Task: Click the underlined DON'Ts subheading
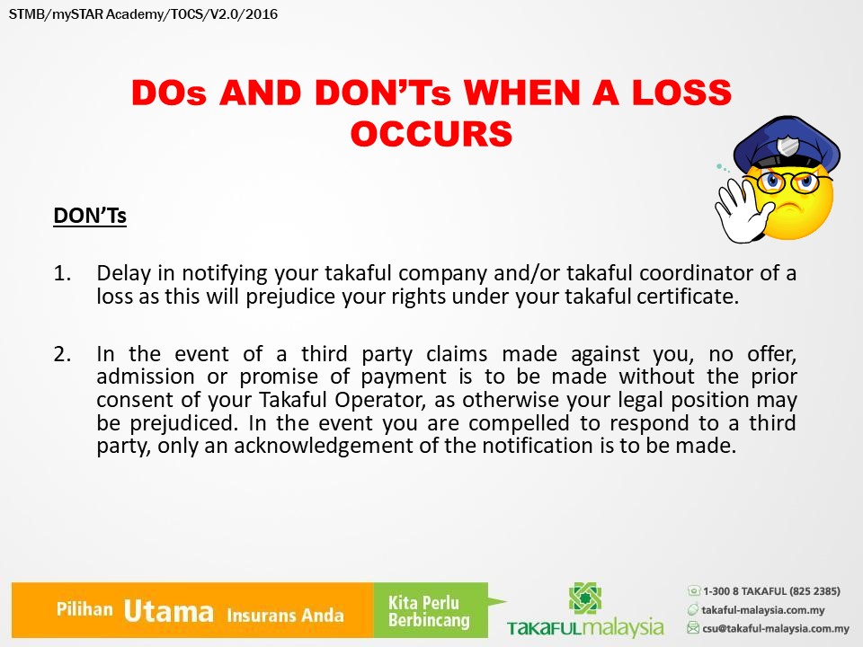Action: pyautogui.click(x=90, y=215)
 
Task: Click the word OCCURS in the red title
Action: pyautogui.click(x=431, y=134)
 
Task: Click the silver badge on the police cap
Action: pyautogui.click(x=787, y=146)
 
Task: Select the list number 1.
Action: pyautogui.click(x=62, y=273)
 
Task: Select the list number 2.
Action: pyautogui.click(x=62, y=354)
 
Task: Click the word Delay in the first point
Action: pyautogui.click(x=124, y=273)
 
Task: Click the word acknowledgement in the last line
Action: pyautogui.click(x=324, y=446)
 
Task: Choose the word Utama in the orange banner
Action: pyautogui.click(x=168, y=611)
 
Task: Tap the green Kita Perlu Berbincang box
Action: pyautogui.click(x=431, y=610)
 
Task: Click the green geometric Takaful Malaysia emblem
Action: pyautogui.click(x=585, y=598)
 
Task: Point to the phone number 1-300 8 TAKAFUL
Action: pyautogui.click(x=771, y=591)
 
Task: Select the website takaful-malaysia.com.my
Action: pyautogui.click(x=763, y=609)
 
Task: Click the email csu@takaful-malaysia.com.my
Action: pyautogui.click(x=776, y=628)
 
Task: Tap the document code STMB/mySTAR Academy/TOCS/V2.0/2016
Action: pyautogui.click(x=143, y=13)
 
